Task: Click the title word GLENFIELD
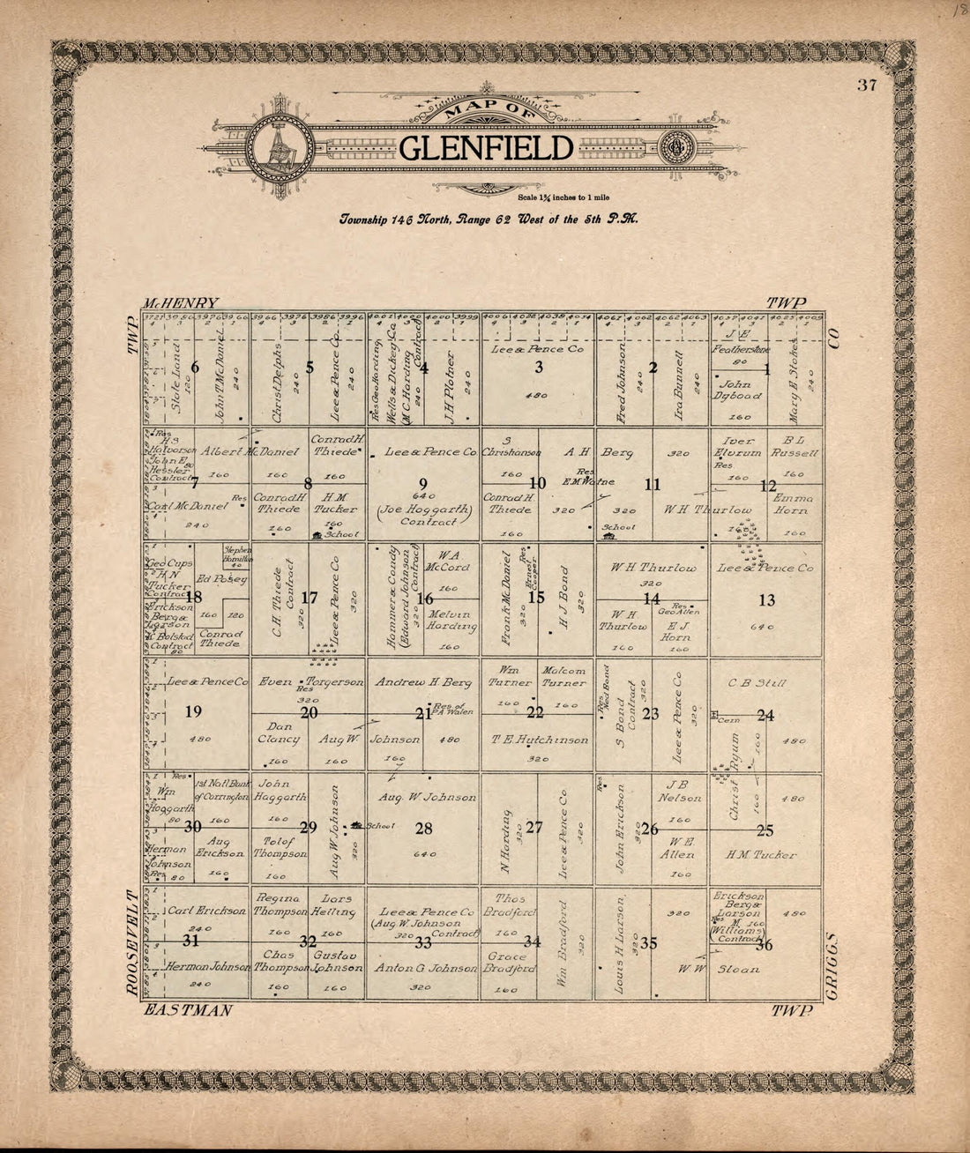point(486,148)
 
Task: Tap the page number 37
point(865,85)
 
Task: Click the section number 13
point(767,600)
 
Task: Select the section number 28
point(424,829)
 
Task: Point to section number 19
point(193,712)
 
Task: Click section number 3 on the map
point(538,368)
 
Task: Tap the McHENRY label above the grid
point(184,301)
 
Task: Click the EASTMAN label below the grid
point(189,1010)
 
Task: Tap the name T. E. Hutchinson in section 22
point(540,740)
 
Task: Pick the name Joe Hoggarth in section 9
point(423,510)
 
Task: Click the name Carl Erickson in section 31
point(207,911)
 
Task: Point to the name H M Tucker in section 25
point(760,855)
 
